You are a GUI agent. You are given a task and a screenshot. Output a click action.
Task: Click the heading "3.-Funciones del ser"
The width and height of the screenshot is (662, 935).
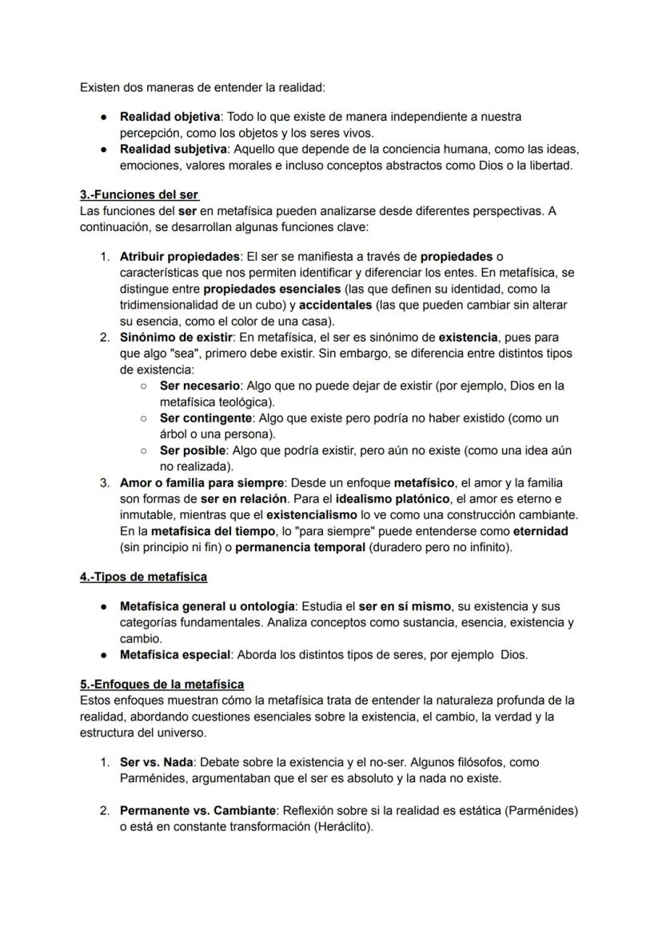[139, 194]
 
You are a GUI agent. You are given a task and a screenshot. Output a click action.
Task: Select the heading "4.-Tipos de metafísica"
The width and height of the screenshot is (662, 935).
[143, 577]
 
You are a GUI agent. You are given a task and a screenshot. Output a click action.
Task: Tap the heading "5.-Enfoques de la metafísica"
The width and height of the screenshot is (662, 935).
[162, 684]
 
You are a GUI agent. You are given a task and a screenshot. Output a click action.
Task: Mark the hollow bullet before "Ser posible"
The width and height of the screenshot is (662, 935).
[142, 450]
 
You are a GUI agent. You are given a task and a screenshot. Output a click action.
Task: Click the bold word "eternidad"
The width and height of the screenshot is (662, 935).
[540, 530]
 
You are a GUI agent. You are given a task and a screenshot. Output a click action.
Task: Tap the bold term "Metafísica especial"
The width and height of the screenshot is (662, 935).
[174, 654]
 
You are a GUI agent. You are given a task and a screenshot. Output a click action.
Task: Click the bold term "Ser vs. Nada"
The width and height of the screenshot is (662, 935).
[156, 762]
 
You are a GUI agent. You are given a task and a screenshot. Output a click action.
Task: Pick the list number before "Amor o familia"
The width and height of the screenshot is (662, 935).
[104, 482]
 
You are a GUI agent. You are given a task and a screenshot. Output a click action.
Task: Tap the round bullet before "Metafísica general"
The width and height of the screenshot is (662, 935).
[104, 606]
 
